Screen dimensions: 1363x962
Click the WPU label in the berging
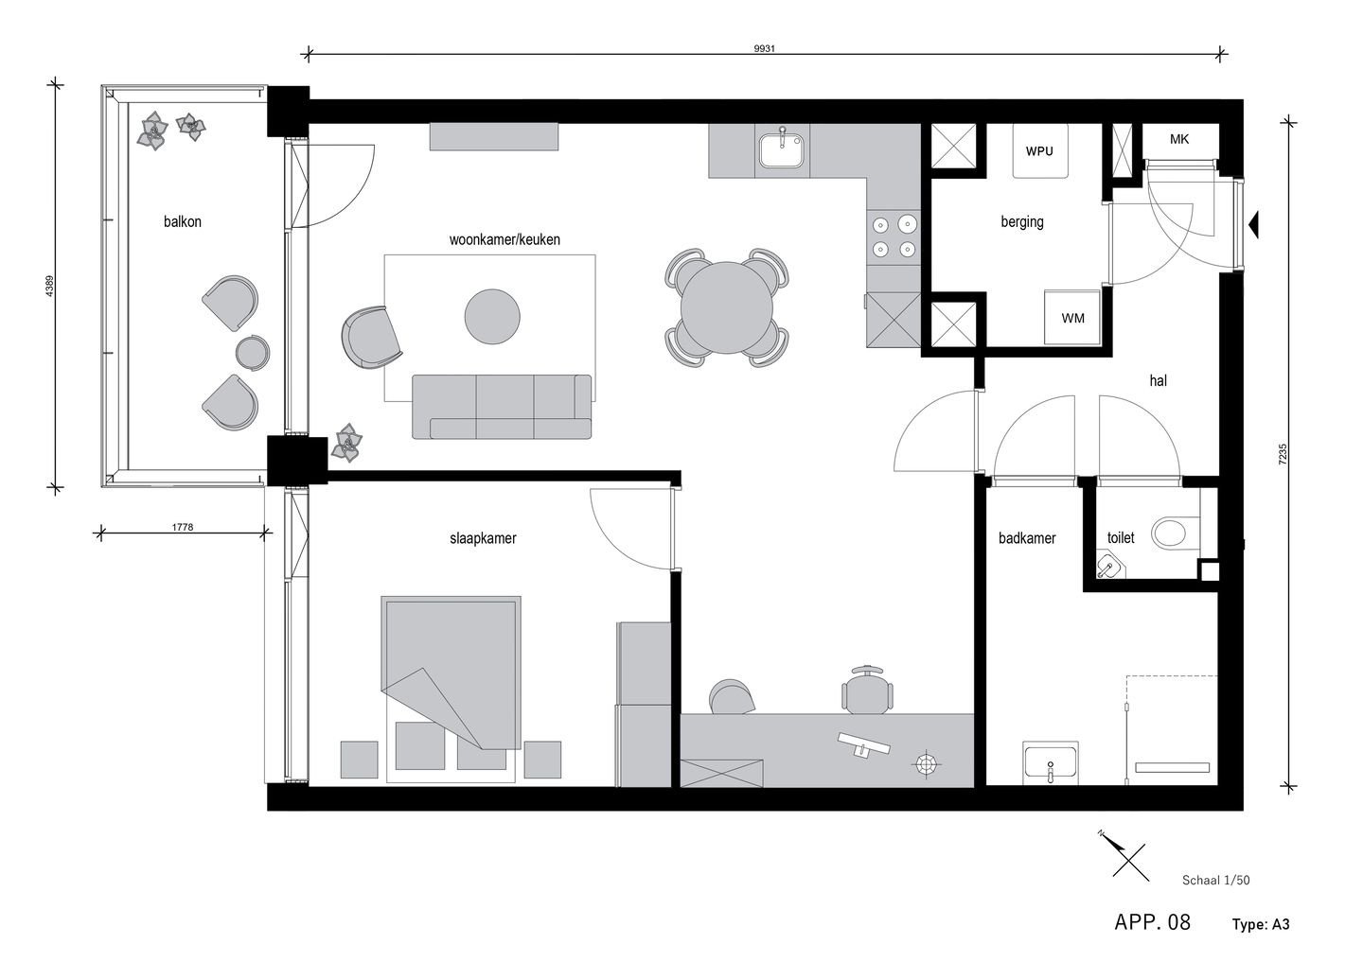[x=1039, y=151]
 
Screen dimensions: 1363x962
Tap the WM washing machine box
[x=1072, y=318]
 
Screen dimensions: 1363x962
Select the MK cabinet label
[x=1179, y=139]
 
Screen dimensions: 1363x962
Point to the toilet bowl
[x=1170, y=533]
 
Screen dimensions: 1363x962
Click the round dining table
[x=727, y=307]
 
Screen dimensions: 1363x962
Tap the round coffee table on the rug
[x=492, y=316]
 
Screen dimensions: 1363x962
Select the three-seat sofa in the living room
[x=502, y=406]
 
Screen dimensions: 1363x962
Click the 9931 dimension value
[x=764, y=48]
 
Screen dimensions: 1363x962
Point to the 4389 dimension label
[x=50, y=287]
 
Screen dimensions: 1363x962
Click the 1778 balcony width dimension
[x=183, y=527]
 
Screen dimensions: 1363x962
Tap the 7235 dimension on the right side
[x=1283, y=454]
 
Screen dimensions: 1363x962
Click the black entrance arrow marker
[x=1252, y=225]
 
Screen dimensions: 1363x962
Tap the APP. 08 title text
[x=1152, y=922]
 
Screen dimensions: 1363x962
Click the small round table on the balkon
[x=253, y=352]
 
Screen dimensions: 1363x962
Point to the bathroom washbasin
[x=1051, y=762]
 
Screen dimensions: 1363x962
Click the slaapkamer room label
[x=483, y=538]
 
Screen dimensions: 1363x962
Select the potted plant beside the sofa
[x=347, y=443]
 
